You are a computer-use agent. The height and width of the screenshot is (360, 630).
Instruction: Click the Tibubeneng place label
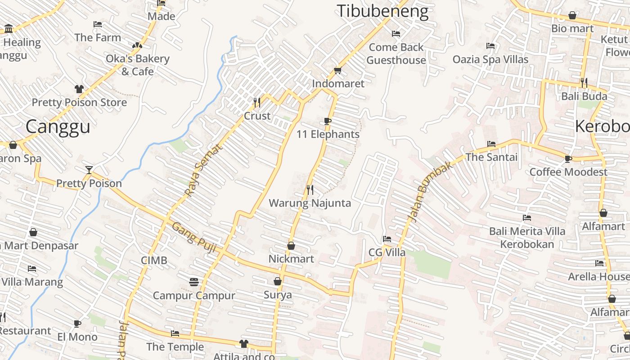383,11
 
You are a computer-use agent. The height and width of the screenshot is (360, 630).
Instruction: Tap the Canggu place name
58,126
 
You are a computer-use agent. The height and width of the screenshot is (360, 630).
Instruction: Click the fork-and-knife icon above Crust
257,103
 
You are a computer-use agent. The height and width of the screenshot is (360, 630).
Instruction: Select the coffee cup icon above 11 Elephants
328,121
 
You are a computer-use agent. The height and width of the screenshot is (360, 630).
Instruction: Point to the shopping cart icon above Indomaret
338,70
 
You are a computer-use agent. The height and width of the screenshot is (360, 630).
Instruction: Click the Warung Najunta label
310,203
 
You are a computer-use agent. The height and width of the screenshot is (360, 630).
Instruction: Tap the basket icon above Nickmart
291,246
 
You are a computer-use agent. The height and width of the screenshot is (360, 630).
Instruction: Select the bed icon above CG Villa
387,239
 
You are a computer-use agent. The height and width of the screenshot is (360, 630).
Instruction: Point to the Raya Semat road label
204,170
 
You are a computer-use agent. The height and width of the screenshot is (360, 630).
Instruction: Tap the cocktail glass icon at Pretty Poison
89,170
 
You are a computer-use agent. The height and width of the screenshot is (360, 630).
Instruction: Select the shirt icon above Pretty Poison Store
79,89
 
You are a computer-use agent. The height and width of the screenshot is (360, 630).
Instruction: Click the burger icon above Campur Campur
194,282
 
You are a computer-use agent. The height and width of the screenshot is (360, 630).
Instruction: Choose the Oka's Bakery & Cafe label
137,65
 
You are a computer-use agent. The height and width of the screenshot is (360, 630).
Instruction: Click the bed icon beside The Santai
491,144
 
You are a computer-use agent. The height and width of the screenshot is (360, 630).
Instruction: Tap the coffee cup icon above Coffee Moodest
568,158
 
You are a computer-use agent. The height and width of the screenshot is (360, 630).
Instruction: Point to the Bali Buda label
584,96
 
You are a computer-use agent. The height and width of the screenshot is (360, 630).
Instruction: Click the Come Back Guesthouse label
396,54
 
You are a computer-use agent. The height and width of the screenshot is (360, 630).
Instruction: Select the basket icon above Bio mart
572,16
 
